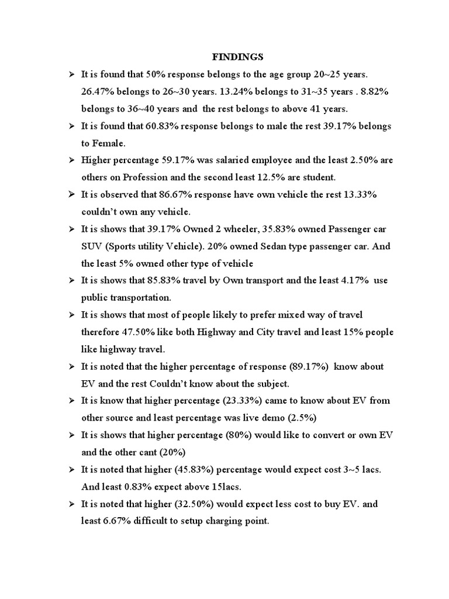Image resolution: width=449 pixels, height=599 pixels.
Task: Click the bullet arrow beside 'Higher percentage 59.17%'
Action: coord(71,161)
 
